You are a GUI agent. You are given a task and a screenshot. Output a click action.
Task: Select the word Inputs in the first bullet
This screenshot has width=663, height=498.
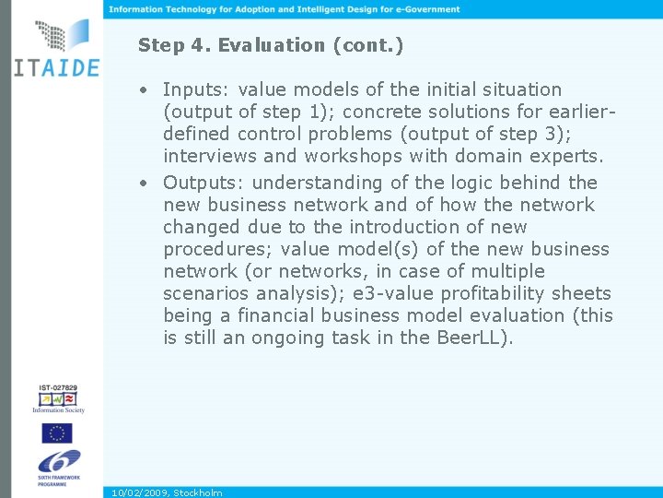click(196, 90)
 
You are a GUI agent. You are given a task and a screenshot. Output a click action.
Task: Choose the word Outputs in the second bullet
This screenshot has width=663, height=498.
click(202, 183)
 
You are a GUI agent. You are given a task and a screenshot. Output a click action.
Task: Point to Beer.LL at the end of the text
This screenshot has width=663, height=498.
click(472, 338)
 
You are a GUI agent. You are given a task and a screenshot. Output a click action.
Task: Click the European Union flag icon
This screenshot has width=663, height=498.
click(57, 433)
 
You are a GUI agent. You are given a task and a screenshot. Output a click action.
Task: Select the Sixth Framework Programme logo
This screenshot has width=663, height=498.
click(57, 467)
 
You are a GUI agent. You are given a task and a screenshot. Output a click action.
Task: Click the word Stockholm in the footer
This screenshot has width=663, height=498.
click(198, 492)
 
